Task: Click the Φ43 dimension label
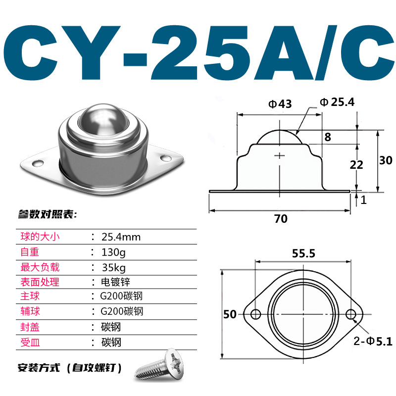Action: [280, 104]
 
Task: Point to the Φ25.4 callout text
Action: [337, 102]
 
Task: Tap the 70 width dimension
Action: [281, 218]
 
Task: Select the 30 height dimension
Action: [386, 160]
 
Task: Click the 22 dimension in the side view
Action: [356, 165]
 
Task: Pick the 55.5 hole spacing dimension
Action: [303, 253]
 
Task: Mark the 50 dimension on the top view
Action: [229, 314]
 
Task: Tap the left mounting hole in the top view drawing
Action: [256, 314]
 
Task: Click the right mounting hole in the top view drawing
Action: [351, 314]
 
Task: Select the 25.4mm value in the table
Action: [121, 237]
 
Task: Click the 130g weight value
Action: [113, 252]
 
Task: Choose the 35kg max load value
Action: [113, 267]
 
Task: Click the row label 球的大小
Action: [40, 237]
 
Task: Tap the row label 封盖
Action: [30, 327]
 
